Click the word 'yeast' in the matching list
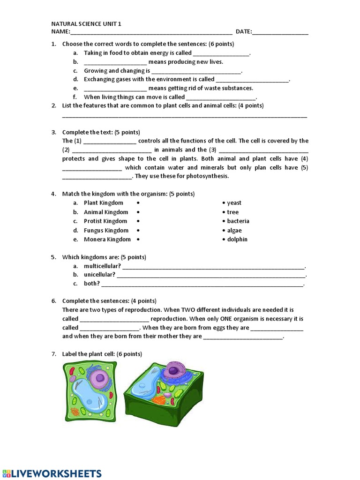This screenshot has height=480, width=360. pyautogui.click(x=234, y=203)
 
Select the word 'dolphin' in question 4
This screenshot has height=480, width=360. pyautogui.click(x=237, y=240)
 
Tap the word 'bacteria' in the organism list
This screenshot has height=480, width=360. pyautogui.click(x=238, y=221)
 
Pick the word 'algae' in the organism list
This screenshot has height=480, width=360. pyautogui.click(x=234, y=231)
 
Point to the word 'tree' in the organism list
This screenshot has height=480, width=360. pyautogui.click(x=232, y=212)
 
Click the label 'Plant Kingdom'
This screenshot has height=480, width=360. pyautogui.click(x=104, y=203)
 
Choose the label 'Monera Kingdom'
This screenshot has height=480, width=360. pyautogui.click(x=107, y=240)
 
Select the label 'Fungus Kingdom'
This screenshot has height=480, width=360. pyautogui.click(x=106, y=231)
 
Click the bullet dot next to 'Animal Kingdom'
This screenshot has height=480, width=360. pyautogui.click(x=138, y=212)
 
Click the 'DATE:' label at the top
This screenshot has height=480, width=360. pyautogui.click(x=243, y=32)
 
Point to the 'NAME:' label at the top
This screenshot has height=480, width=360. pyautogui.click(x=60, y=32)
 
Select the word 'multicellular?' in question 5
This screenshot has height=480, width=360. pyautogui.click(x=102, y=266)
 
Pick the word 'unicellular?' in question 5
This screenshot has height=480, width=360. pyautogui.click(x=99, y=275)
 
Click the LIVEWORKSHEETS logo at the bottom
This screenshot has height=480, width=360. pyautogui.click(x=52, y=473)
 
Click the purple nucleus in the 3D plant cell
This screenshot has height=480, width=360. pyautogui.click(x=172, y=371)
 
